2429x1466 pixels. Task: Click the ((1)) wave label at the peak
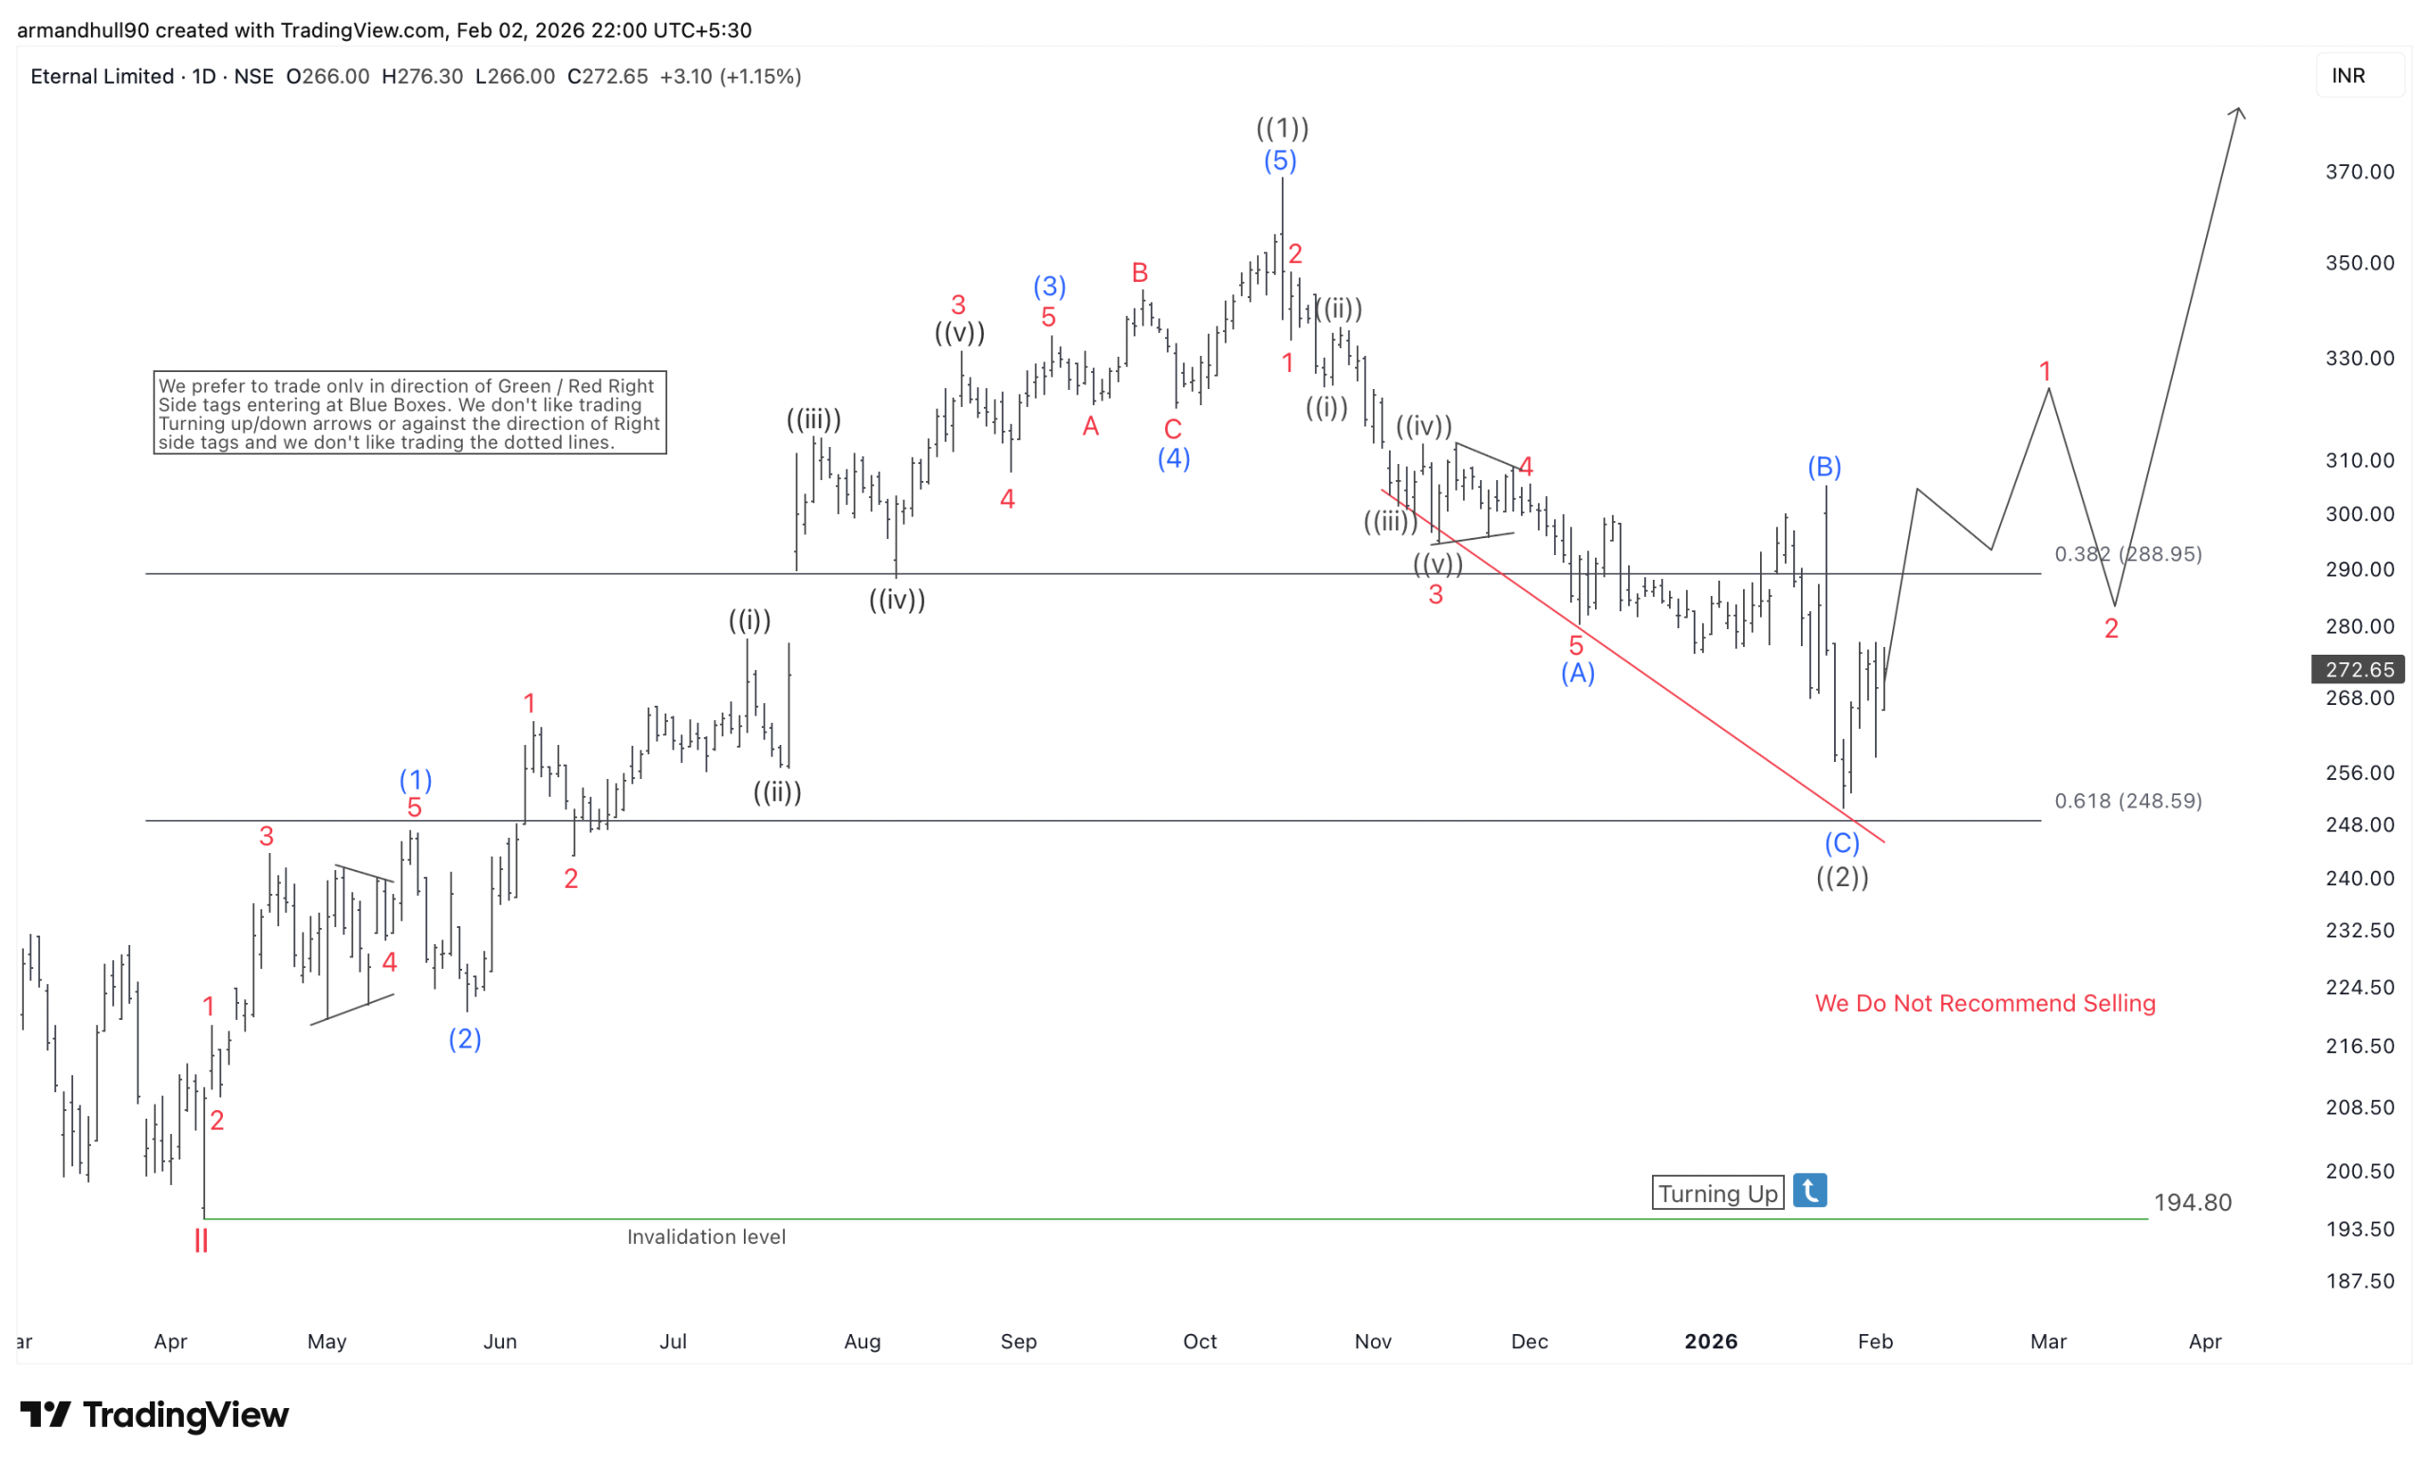pyautogui.click(x=1282, y=128)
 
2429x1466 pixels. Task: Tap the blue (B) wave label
pyautogui.click(x=1824, y=466)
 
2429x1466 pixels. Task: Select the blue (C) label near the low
pyautogui.click(x=1842, y=843)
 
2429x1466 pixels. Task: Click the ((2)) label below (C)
pyautogui.click(x=1843, y=877)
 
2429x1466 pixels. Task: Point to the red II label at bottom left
pyautogui.click(x=201, y=1241)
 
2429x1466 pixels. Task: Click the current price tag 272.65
pyautogui.click(x=2358, y=669)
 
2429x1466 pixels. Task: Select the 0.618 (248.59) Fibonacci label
pyautogui.click(x=2127, y=801)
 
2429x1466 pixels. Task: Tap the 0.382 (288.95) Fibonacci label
pyautogui.click(x=2127, y=554)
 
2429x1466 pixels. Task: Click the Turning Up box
pyautogui.click(x=1717, y=1193)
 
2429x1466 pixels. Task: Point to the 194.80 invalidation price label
pyautogui.click(x=2193, y=1203)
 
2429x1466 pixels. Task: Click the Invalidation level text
pyautogui.click(x=706, y=1236)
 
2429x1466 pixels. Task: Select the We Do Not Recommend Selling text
pyautogui.click(x=1984, y=1004)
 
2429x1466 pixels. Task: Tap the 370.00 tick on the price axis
pyautogui.click(x=2359, y=172)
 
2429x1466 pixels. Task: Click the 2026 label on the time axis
pyautogui.click(x=1711, y=1341)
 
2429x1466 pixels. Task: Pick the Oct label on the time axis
pyautogui.click(x=1199, y=1341)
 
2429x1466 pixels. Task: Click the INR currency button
pyautogui.click(x=2348, y=76)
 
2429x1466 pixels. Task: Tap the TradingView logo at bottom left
pyautogui.click(x=155, y=1415)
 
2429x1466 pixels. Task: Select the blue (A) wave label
pyautogui.click(x=1577, y=674)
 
